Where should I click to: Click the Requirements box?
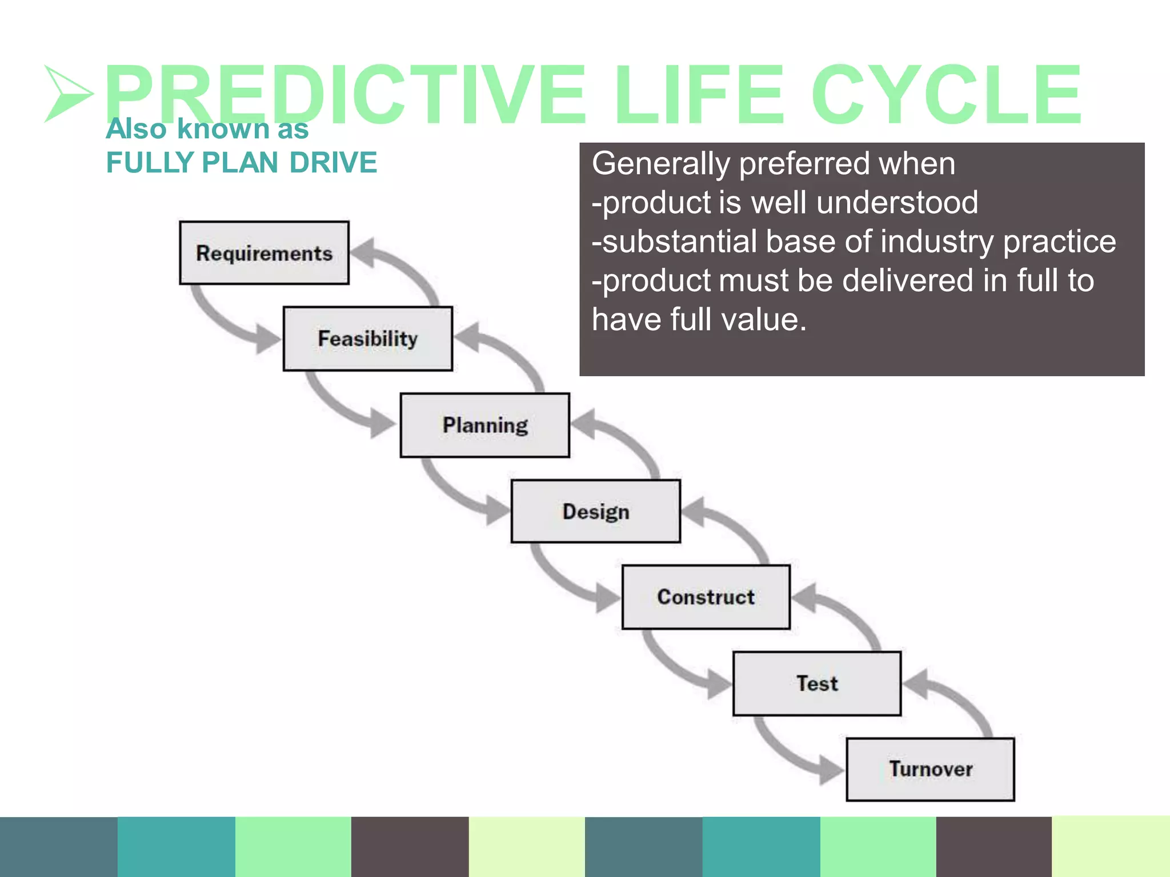tap(264, 253)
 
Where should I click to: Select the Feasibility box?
tap(367, 339)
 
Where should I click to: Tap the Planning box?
tap(484, 425)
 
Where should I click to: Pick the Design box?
tap(595, 512)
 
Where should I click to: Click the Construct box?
tap(706, 597)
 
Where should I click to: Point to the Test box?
tap(817, 683)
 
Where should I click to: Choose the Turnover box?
tap(930, 769)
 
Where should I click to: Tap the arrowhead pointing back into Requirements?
tap(363, 252)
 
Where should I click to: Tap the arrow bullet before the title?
tap(67, 94)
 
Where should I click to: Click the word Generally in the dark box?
tap(660, 164)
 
